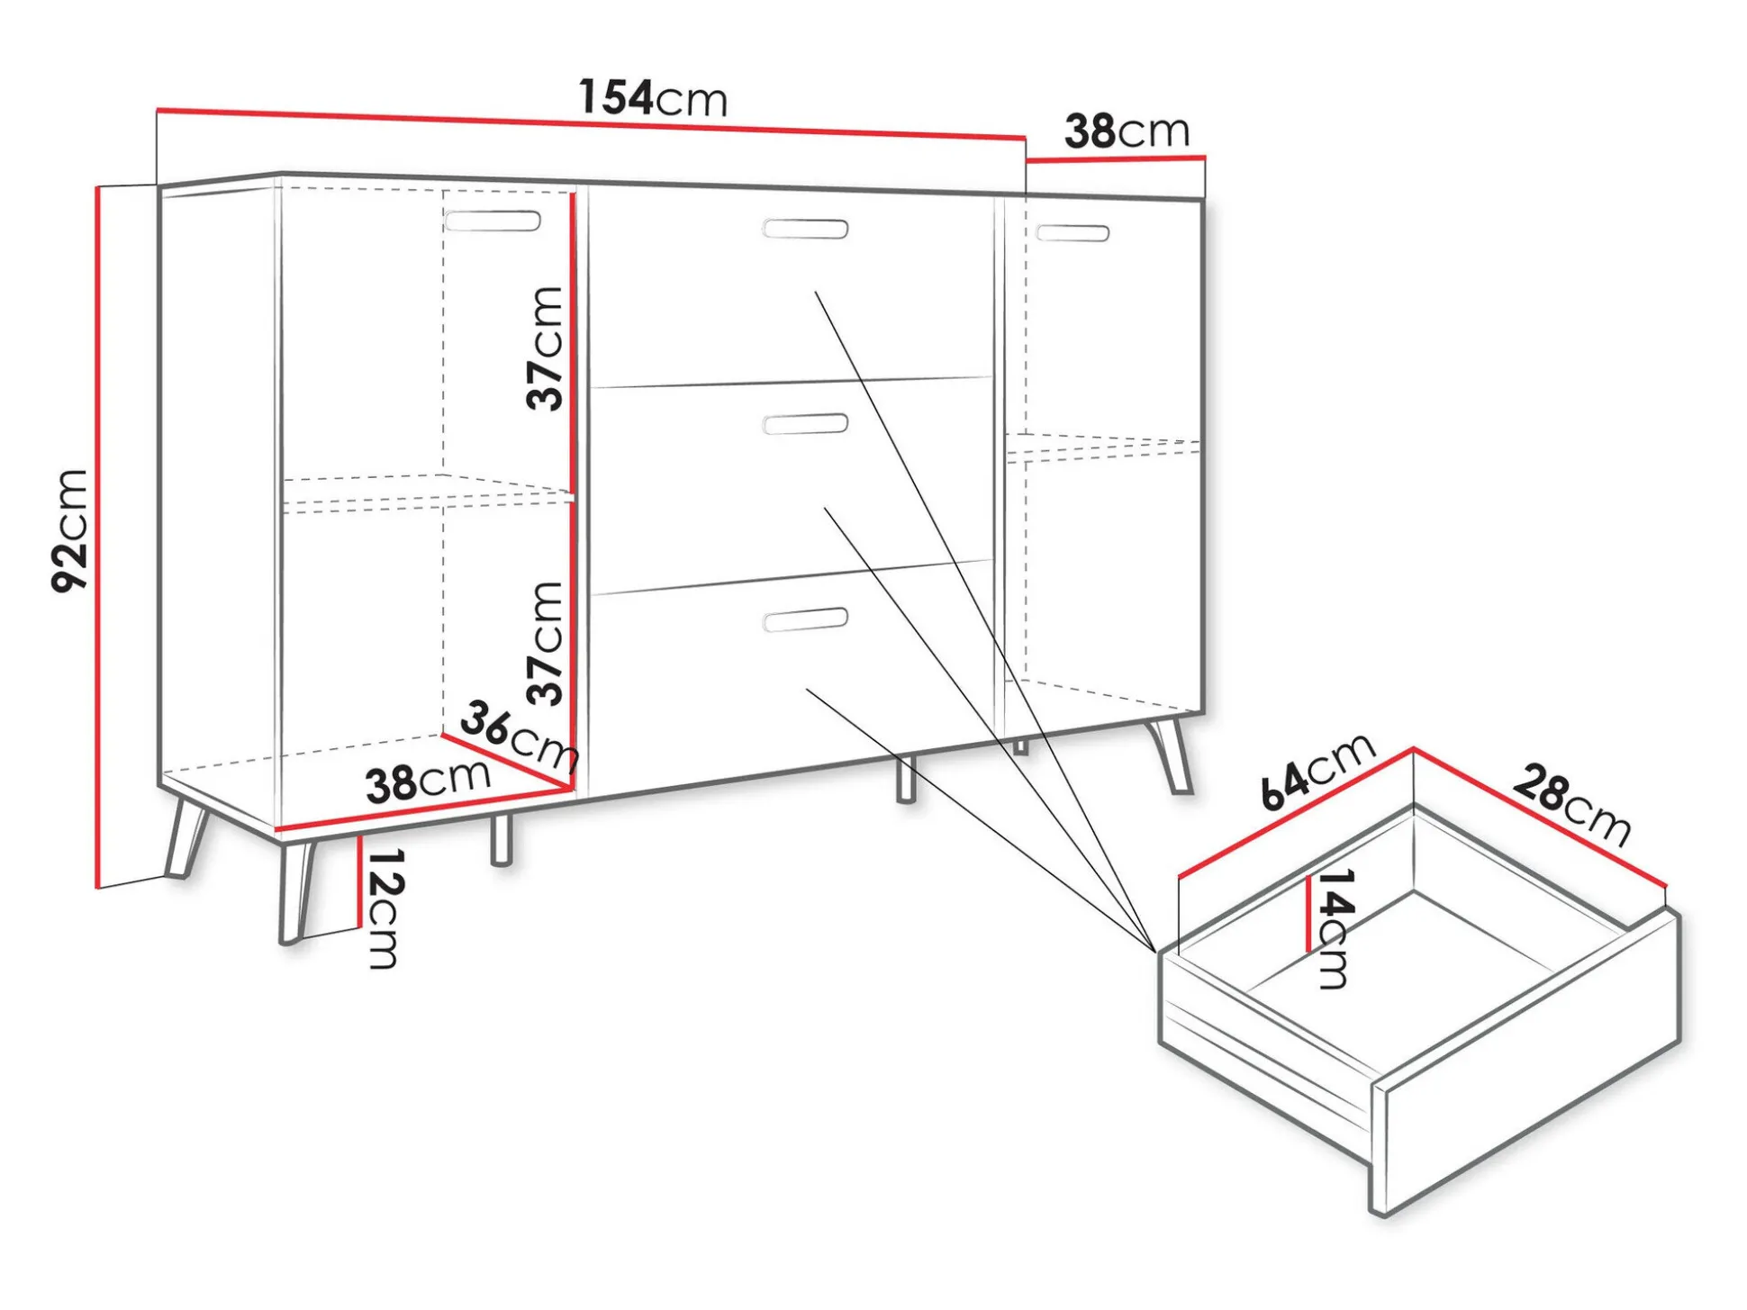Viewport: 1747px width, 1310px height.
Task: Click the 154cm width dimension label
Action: [653, 97]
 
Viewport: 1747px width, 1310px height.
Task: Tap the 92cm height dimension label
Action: [69, 530]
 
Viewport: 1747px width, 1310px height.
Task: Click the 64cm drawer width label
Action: [1317, 771]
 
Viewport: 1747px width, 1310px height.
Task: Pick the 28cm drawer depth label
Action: [1572, 804]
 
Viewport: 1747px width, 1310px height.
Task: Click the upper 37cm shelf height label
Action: [546, 348]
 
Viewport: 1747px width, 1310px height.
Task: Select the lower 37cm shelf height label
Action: [546, 643]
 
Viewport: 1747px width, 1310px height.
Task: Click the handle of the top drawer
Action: [805, 229]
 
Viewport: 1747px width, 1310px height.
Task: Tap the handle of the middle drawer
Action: [805, 423]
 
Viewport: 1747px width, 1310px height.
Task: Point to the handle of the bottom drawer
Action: [805, 620]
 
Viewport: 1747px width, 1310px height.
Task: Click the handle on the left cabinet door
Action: [493, 221]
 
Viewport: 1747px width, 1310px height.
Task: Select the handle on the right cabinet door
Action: [1073, 233]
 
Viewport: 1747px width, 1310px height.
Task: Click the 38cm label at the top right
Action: [1127, 131]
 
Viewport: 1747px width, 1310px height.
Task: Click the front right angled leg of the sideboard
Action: [1171, 754]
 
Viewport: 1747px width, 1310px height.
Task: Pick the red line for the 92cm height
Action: [97, 538]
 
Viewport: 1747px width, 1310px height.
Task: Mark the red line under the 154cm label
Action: [592, 124]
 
